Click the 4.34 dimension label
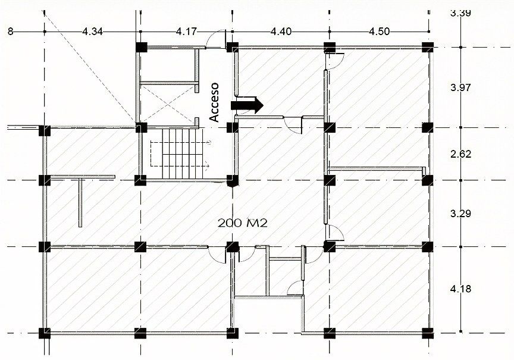pos(92,32)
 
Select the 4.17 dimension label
pos(187,32)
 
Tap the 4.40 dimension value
pos(281,32)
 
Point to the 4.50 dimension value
pos(380,32)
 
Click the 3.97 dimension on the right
pos(460,87)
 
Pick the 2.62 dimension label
pos(460,154)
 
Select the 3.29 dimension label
pos(460,214)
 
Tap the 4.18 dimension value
pos(460,289)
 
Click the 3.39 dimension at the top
pos(460,13)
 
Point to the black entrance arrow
pos(247,105)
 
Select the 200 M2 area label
pos(243,223)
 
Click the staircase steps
pos(183,154)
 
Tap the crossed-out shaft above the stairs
pos(167,104)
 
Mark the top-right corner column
pos(428,47)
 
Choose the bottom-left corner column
pos(45,333)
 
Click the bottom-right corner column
pos(428,333)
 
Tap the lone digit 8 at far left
pos(11,32)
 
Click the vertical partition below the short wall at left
pos(80,203)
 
